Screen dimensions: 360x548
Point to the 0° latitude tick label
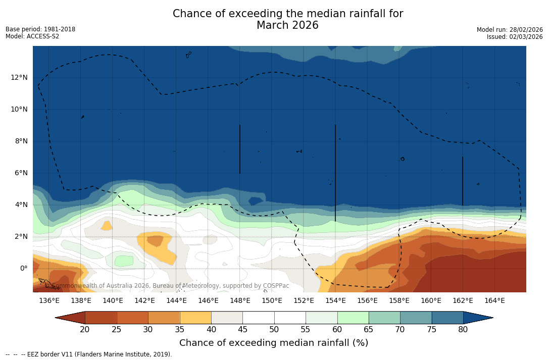(23, 268)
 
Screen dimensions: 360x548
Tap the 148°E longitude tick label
(240, 300)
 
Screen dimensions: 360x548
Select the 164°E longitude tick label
(494, 300)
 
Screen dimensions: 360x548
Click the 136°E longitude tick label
(49, 300)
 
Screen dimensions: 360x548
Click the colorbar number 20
(85, 330)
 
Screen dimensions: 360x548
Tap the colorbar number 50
(274, 330)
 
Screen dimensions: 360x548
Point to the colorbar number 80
(463, 330)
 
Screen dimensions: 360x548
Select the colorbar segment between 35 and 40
(195, 318)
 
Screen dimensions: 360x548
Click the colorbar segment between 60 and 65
(353, 318)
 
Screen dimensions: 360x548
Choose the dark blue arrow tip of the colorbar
(478, 318)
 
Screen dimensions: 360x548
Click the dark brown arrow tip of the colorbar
(70, 318)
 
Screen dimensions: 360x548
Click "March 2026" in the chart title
(287, 25)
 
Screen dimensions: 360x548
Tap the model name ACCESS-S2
(43, 36)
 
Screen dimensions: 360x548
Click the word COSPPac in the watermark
(276, 286)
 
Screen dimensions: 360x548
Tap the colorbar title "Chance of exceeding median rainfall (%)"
(274, 343)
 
